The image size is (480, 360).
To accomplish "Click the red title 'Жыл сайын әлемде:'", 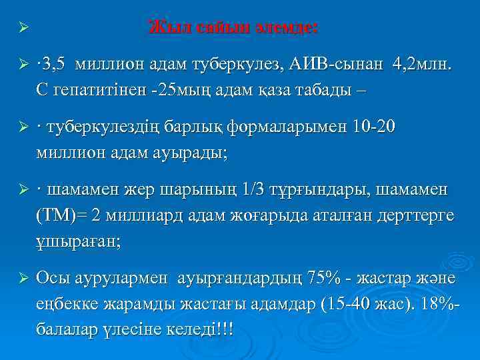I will point(233,28).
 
